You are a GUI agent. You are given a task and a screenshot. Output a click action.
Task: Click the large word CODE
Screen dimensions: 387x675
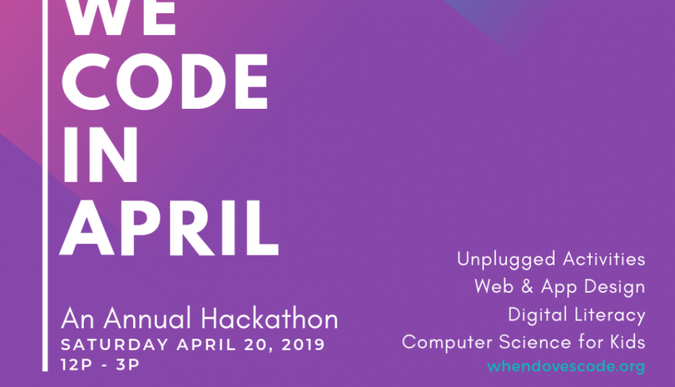[x=166, y=83]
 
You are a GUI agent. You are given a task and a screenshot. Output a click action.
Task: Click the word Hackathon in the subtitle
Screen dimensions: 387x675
[x=269, y=319]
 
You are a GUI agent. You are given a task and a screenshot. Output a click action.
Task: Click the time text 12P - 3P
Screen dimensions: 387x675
[x=100, y=365]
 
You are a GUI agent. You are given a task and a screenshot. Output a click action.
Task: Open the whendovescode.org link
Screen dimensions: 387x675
[x=566, y=366]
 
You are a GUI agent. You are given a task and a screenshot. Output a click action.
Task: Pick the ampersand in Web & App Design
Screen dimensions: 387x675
[x=528, y=286]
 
